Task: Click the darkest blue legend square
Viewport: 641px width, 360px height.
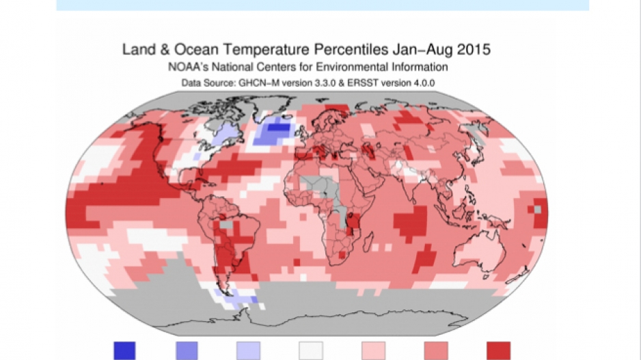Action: point(124,351)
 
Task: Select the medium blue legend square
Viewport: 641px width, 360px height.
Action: point(187,351)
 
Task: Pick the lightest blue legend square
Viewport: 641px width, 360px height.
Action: point(249,351)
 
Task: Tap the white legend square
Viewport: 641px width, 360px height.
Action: point(311,351)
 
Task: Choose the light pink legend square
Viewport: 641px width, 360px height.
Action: point(373,351)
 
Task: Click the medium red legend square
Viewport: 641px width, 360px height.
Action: point(436,351)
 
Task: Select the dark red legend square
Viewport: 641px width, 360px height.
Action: point(498,351)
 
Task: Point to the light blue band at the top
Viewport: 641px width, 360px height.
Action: point(322,5)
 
